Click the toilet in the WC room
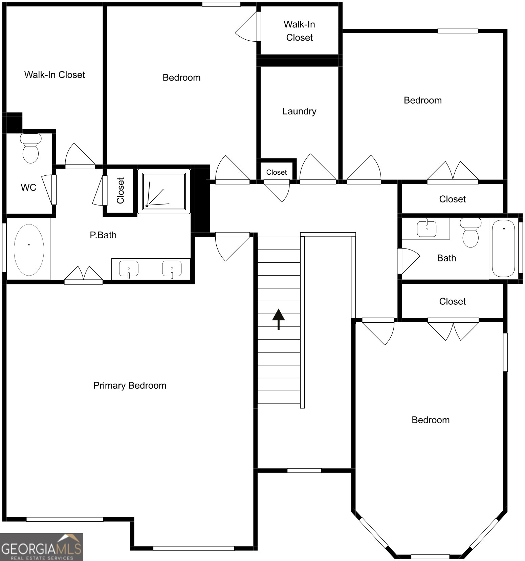(x=30, y=148)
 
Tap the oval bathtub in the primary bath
(x=29, y=250)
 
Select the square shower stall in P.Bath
(x=164, y=191)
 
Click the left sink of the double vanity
(x=129, y=269)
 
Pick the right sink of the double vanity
(x=172, y=269)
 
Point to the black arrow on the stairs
(x=279, y=319)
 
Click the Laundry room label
(x=299, y=111)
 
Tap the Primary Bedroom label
(x=130, y=385)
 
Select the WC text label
(x=28, y=188)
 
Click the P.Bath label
(x=103, y=235)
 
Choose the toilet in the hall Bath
(x=471, y=232)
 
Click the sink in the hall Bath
(x=426, y=228)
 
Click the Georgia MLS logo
(x=42, y=547)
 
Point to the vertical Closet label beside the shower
(x=121, y=191)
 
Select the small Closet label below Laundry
(x=277, y=172)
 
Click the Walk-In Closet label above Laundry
(x=299, y=31)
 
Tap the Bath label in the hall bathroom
(x=446, y=258)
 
